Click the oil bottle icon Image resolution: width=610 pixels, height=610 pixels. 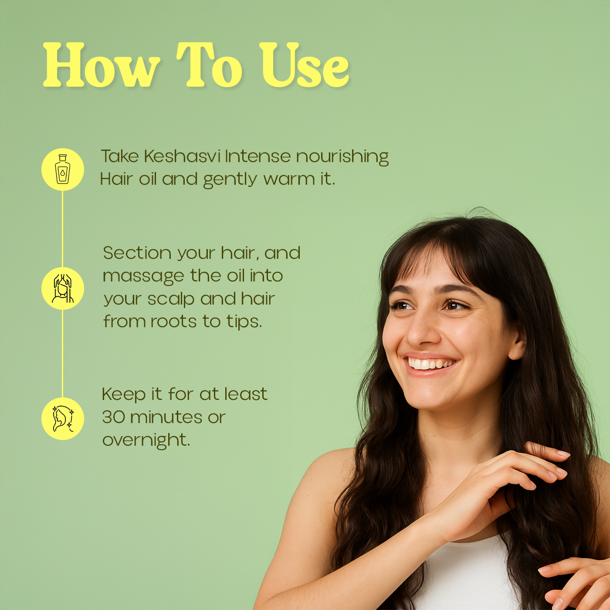pos(63,169)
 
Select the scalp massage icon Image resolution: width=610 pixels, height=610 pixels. pos(63,288)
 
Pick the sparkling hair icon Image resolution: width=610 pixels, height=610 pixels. pos(63,419)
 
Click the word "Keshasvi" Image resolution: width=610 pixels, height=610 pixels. pos(182,156)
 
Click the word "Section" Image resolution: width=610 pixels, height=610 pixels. pos(137,253)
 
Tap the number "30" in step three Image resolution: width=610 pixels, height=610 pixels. pos(114,417)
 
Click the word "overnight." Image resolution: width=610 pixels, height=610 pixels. pos(146,441)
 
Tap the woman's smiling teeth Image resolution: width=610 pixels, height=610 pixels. pos(429,364)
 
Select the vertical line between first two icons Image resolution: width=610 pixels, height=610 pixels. pos(62,229)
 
